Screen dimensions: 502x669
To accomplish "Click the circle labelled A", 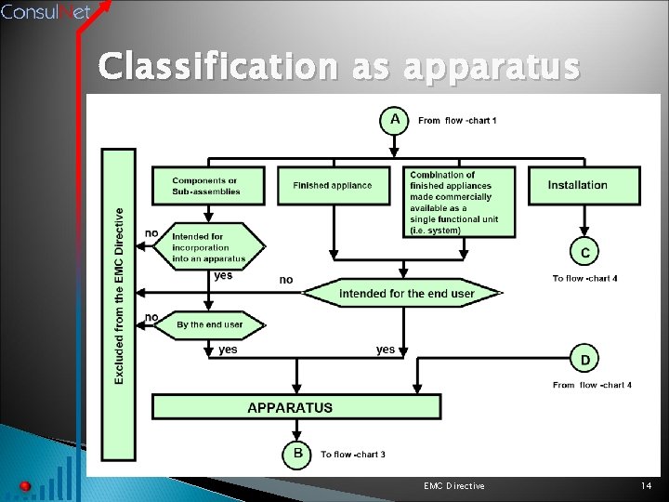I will (395, 120).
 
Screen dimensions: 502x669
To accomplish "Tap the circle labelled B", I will (298, 454).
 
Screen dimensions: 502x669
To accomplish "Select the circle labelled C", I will (584, 252).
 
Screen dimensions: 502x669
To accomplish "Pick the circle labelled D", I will (584, 359).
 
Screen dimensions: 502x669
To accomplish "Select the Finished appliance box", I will (333, 186).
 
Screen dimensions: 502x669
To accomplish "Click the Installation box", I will (584, 186).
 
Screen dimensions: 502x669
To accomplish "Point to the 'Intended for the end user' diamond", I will (406, 294).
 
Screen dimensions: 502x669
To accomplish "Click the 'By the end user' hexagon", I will (210, 324).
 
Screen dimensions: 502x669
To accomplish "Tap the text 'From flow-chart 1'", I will (457, 121).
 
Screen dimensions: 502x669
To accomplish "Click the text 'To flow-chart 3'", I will (353, 455).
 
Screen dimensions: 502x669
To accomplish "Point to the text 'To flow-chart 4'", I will (584, 278).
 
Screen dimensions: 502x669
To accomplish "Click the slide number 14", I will (647, 486).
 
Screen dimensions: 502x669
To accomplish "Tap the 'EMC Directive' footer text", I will (453, 486).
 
